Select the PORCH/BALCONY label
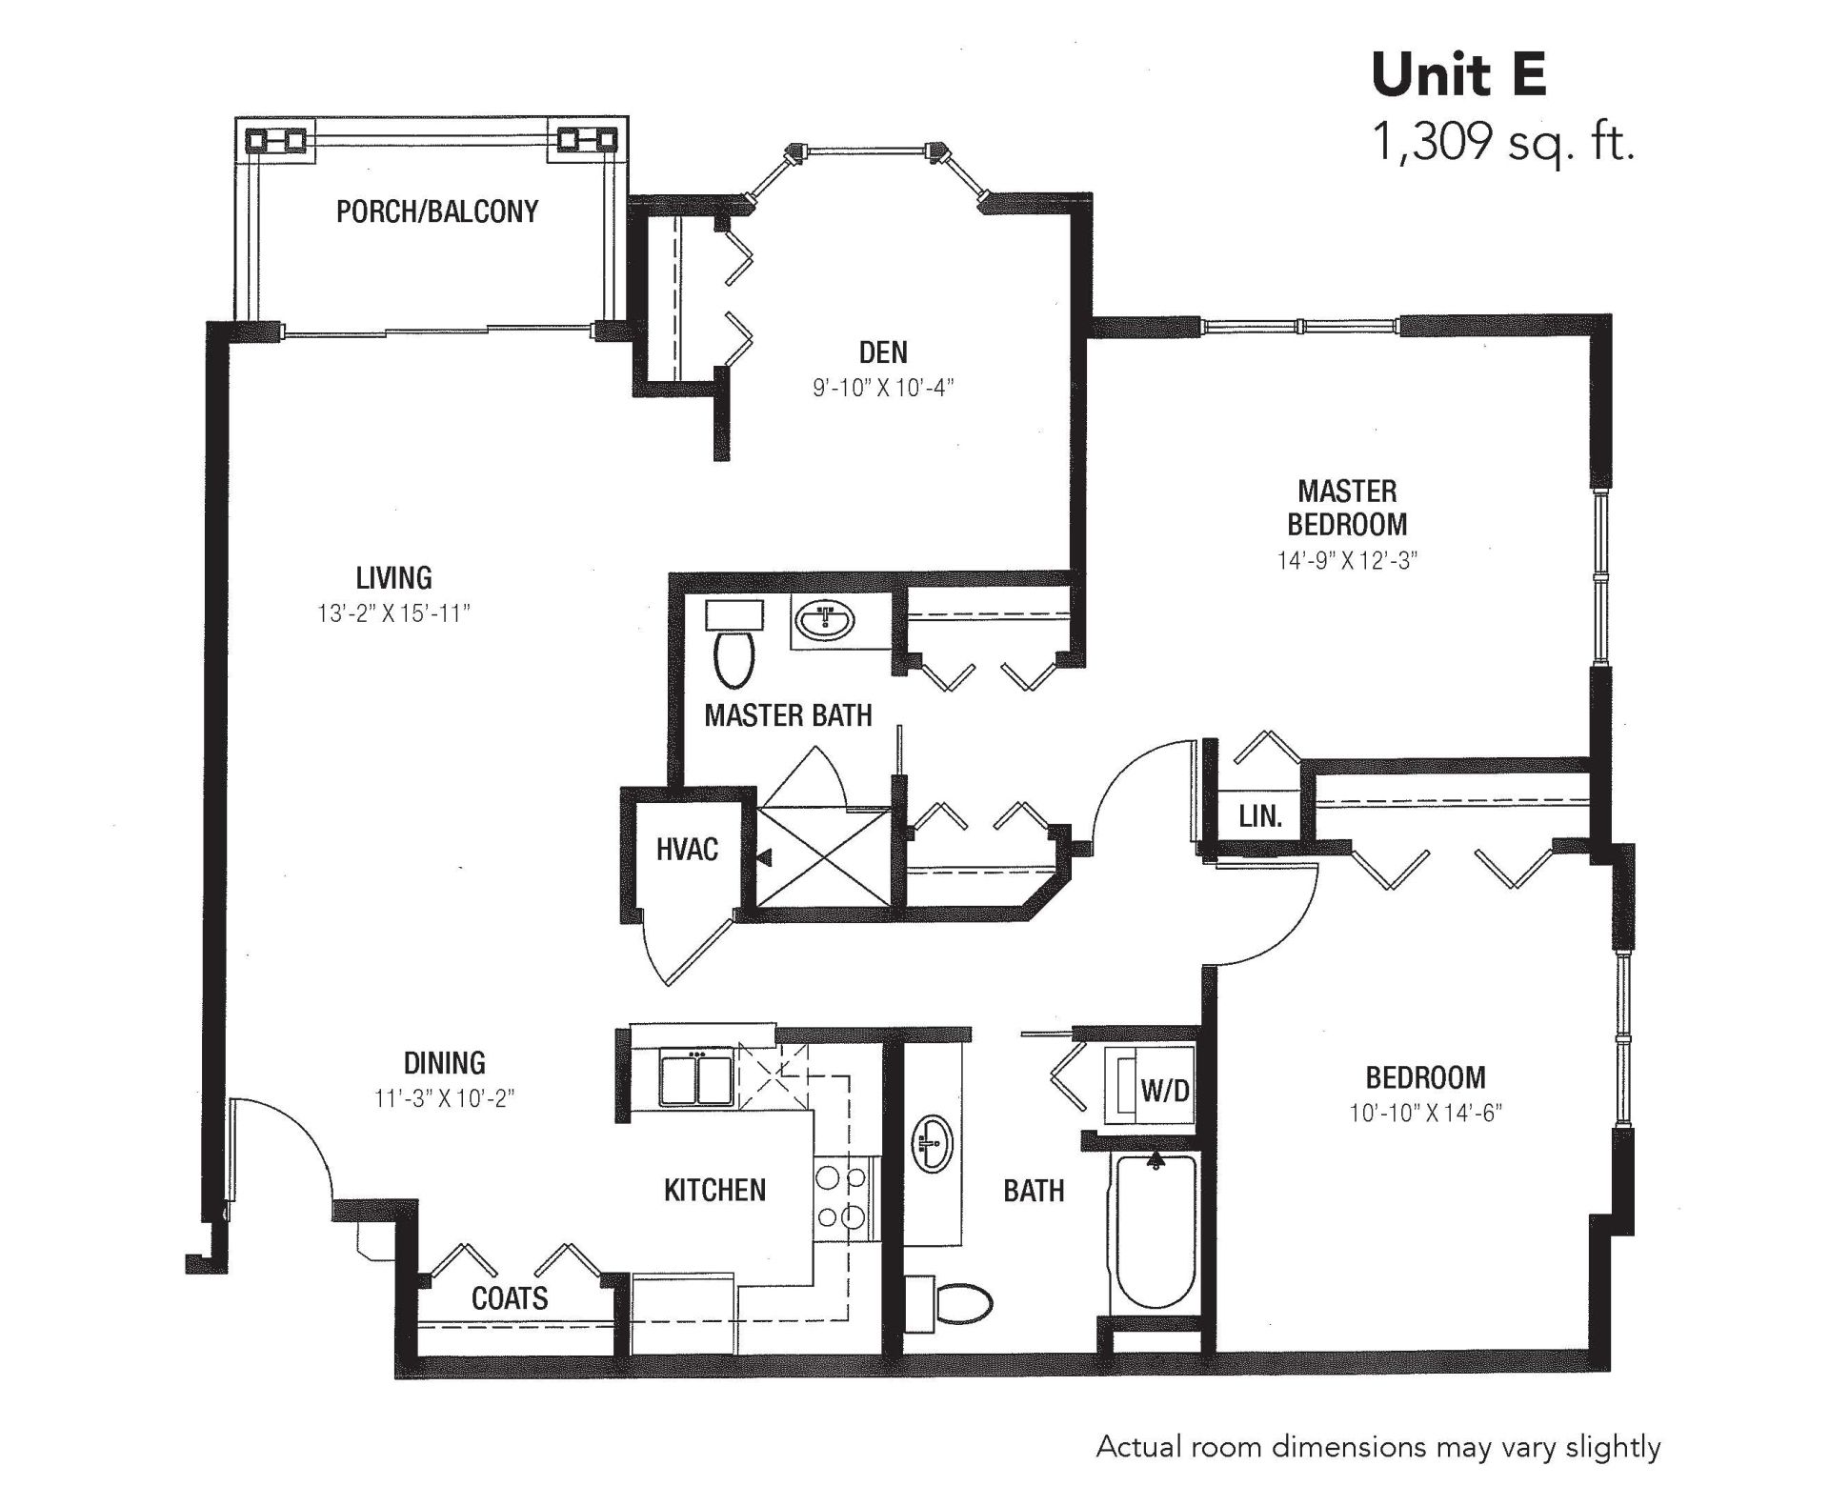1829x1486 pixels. pos(437,211)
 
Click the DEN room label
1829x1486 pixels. pos(883,352)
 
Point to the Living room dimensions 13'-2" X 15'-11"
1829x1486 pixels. pos(394,613)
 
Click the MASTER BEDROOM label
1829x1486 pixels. pos(1347,508)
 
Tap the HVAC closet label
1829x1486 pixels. pos(687,849)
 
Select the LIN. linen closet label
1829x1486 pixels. pos(1260,816)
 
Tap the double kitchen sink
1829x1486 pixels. pos(696,1077)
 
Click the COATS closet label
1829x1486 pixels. pos(510,1297)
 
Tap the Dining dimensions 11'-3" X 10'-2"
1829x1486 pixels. pos(445,1098)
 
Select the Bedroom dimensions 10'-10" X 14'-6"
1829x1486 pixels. pos(1425,1113)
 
